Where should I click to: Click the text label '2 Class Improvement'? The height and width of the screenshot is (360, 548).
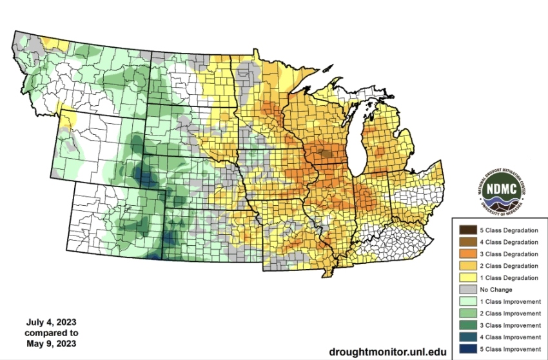click(x=511, y=313)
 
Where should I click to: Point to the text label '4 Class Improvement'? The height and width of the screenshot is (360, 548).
click(x=511, y=337)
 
